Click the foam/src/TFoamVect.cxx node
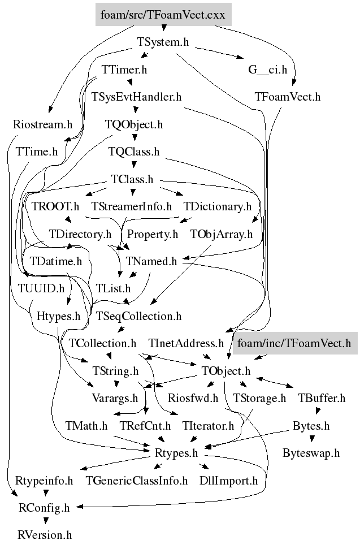coord(163,15)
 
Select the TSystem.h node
coord(163,42)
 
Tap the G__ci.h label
coord(268,70)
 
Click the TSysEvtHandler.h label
coord(136,97)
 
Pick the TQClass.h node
coord(134,152)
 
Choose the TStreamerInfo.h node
coord(131,206)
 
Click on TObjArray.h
coord(222,234)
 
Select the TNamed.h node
coord(151,261)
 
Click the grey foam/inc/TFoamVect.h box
coord(294,343)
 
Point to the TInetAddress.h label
coord(186,343)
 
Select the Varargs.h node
coord(114,398)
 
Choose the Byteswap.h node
coord(311,453)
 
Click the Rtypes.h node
coord(176,453)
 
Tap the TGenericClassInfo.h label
coord(137,481)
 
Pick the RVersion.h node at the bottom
coord(45,534)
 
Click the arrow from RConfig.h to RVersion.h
coord(45,521)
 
